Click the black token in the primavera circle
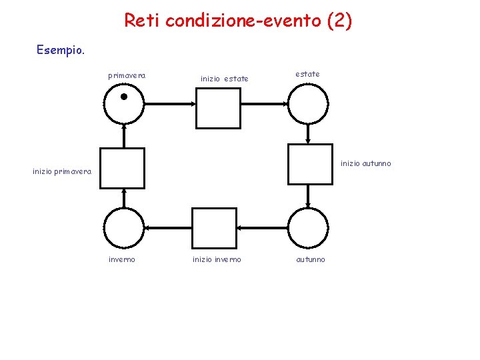pos(123,97)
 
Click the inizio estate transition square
pos(217,108)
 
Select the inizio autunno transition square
pos(309,164)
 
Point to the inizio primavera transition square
pos(121,168)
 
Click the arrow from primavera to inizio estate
pos(169,103)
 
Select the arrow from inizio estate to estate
pos(264,103)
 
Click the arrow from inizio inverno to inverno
pos(167,228)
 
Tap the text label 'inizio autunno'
pos(366,163)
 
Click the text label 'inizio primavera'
pos(62,172)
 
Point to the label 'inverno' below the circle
pos(122,259)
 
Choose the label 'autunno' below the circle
pos(311,259)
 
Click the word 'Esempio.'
pos(61,49)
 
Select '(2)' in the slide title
pos(339,21)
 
